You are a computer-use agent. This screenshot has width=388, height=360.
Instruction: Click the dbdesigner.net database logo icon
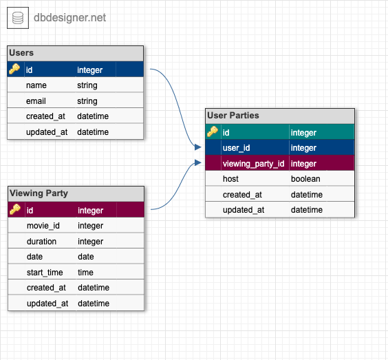click(18, 17)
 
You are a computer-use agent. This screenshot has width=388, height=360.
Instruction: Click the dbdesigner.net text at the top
click(70, 17)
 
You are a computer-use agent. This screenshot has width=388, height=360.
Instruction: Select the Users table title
click(21, 53)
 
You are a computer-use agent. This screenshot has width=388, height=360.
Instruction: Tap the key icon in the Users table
click(15, 70)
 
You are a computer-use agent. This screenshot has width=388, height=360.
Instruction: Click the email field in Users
click(36, 101)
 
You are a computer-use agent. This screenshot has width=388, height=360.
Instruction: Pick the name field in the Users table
click(36, 85)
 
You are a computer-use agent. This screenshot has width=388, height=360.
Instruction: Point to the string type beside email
click(87, 101)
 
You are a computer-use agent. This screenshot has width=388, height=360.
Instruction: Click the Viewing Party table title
click(39, 193)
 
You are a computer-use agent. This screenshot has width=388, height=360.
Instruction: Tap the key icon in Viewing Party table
click(15, 210)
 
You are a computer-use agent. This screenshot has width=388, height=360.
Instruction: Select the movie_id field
click(43, 226)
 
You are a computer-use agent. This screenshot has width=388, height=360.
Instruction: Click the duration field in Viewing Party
click(41, 242)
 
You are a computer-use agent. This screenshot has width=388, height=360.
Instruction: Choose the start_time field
click(45, 273)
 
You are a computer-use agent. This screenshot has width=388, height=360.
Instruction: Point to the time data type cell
click(85, 273)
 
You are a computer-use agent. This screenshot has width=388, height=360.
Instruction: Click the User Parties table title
click(233, 116)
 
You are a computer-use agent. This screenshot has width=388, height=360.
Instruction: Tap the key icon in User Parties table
click(213, 132)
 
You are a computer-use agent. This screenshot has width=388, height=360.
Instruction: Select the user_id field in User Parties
click(235, 148)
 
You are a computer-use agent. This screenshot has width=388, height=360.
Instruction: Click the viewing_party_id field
click(253, 164)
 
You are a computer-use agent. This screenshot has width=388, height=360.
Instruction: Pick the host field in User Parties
click(230, 179)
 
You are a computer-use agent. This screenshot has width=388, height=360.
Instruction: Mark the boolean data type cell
click(305, 179)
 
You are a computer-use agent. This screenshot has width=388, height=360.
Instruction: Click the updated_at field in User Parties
click(243, 210)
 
